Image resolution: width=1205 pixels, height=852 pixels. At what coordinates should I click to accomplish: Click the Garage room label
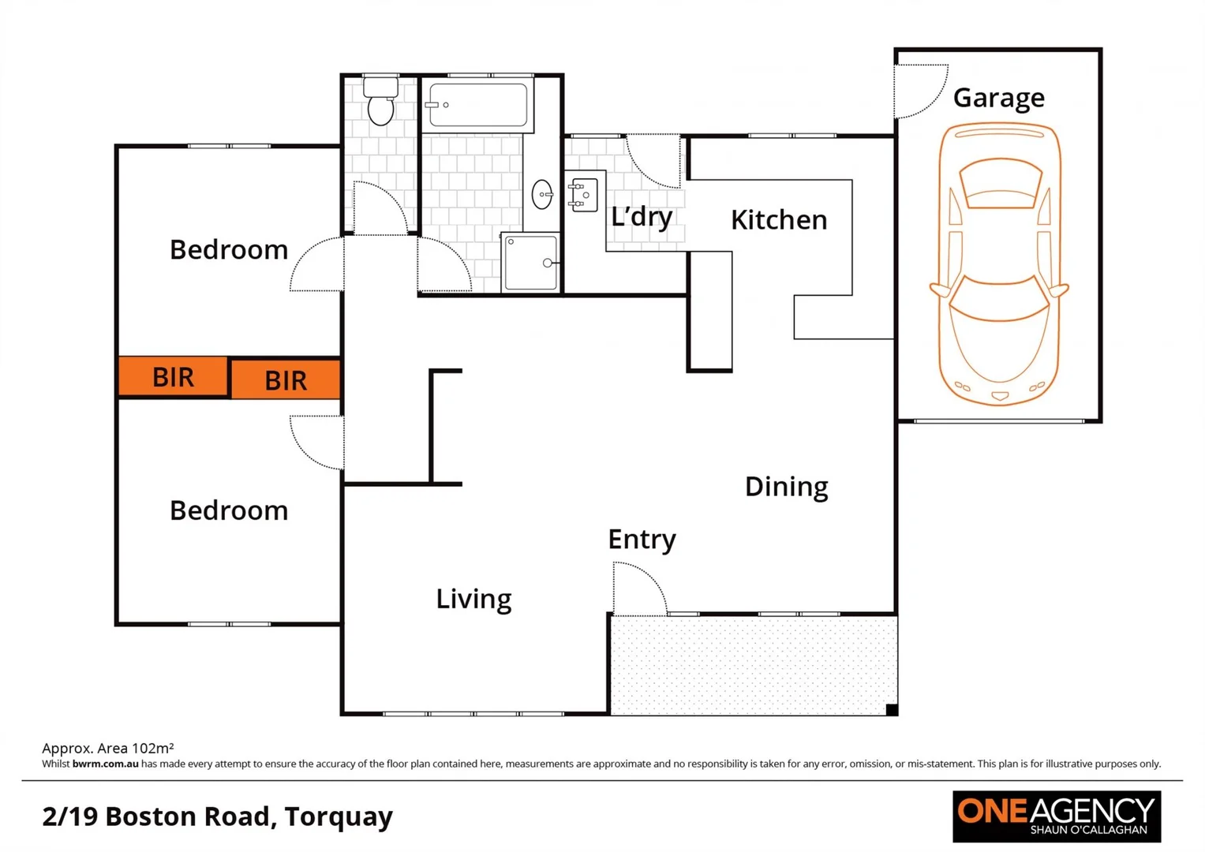(x=998, y=98)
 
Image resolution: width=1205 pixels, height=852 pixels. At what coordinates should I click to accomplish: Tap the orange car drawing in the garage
(x=999, y=264)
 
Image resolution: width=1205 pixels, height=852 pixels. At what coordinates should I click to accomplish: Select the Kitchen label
(x=779, y=220)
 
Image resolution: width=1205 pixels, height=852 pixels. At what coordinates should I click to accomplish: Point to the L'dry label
(x=642, y=216)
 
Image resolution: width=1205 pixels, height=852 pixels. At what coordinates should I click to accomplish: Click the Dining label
(x=786, y=487)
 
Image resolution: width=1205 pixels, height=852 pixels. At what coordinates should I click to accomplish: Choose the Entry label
(x=642, y=540)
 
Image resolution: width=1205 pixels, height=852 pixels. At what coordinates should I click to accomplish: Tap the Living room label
(x=473, y=599)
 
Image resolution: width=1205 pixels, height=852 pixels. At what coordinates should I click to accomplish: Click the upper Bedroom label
(x=229, y=250)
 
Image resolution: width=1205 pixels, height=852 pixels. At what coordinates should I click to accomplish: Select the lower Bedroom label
(x=229, y=510)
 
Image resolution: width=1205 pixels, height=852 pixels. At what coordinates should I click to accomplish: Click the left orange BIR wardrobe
(x=173, y=377)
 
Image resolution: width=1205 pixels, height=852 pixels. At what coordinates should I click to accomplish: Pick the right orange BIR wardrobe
(x=286, y=380)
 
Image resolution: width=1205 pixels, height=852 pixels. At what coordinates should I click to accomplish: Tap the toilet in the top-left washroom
(x=381, y=102)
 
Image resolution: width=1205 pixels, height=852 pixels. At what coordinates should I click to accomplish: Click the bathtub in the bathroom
(x=477, y=105)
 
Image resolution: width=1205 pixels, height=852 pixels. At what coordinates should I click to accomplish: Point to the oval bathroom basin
(x=542, y=194)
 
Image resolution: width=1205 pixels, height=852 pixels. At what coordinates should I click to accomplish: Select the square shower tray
(x=530, y=263)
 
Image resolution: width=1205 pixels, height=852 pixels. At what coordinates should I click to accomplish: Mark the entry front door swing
(x=638, y=589)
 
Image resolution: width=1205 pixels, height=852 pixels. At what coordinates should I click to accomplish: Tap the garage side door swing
(x=919, y=90)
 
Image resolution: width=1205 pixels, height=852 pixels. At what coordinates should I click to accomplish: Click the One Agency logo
(x=1056, y=816)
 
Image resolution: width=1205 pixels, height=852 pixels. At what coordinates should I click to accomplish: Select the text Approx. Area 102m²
(x=107, y=748)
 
